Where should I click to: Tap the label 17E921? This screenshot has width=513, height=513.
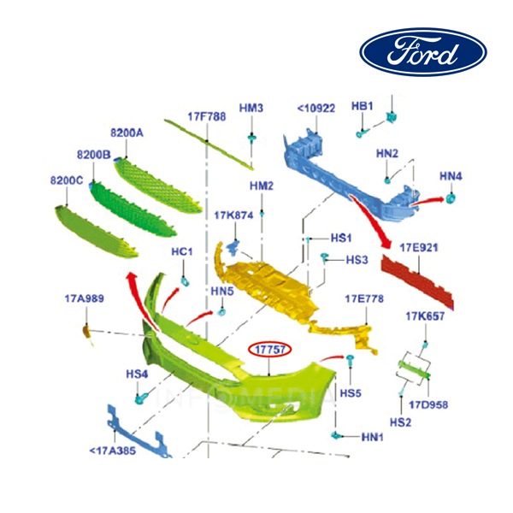(421, 247)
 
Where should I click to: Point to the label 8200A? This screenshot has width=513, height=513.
(127, 133)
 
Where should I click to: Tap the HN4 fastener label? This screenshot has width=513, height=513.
(451, 176)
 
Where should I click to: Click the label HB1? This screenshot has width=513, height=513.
(363, 105)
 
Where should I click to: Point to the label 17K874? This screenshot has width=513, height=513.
(233, 215)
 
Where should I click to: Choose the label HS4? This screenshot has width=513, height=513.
(137, 374)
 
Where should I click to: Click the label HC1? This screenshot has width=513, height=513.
(182, 252)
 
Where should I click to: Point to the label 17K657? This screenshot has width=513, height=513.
(424, 316)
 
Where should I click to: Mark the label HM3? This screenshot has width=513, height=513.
(251, 108)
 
